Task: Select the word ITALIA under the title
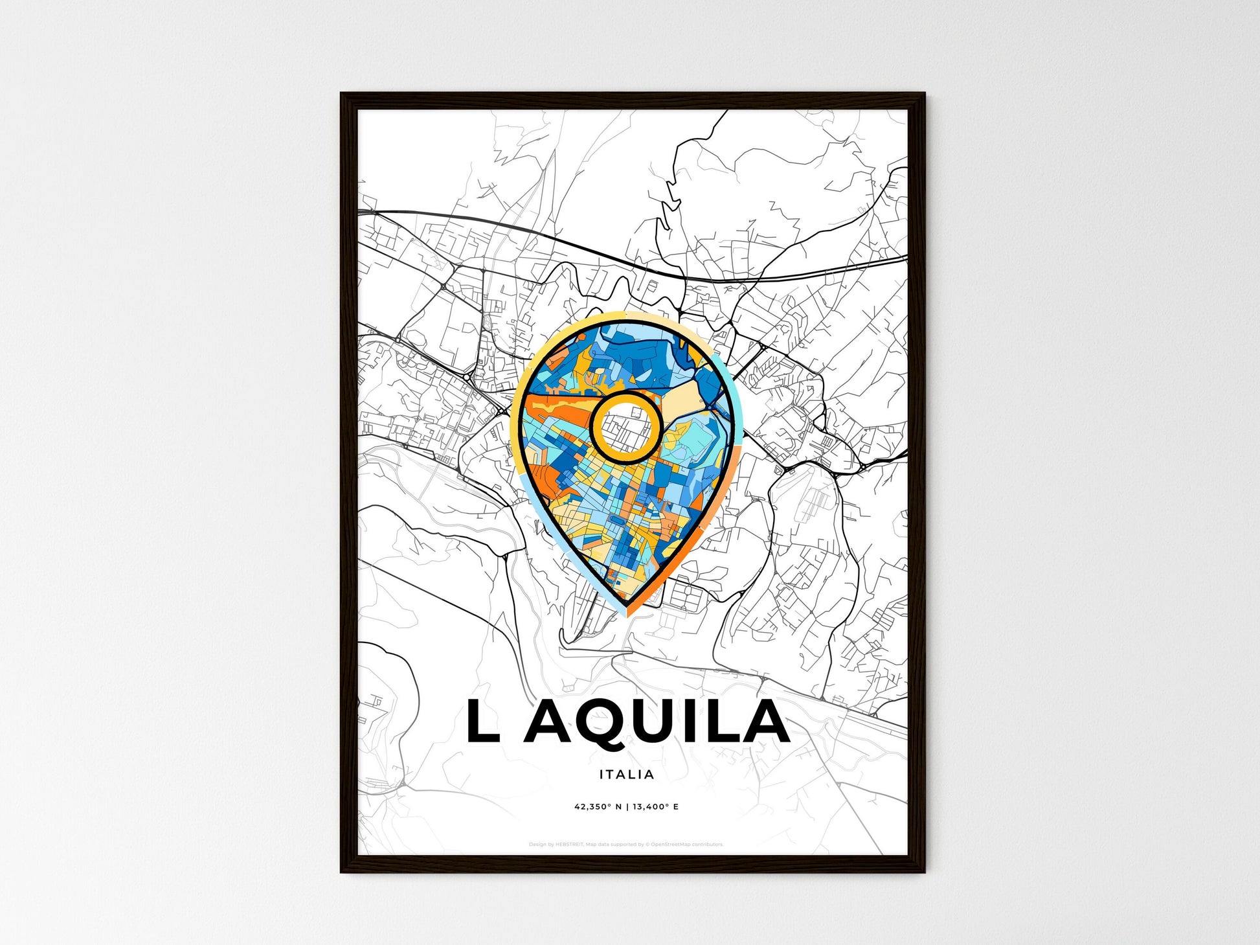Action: tap(627, 774)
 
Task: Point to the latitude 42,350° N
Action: tap(598, 807)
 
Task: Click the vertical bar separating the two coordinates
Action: tap(627, 807)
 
